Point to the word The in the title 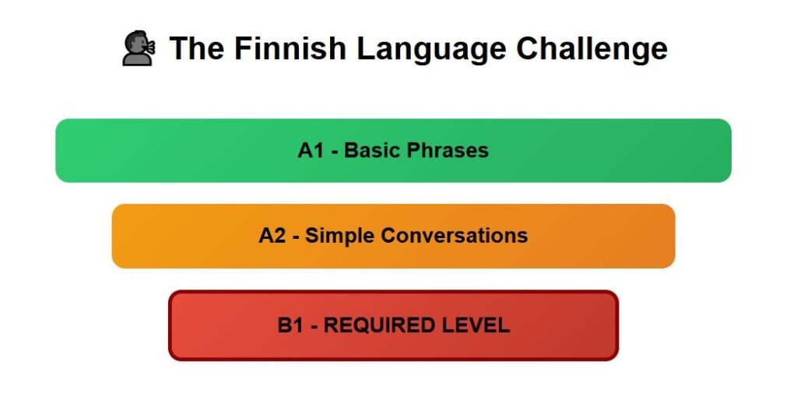coord(197,48)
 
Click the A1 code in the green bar coord(311,150)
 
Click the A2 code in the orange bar coord(272,236)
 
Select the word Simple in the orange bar coord(339,237)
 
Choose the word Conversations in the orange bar coord(454,236)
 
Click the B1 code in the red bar coord(290,325)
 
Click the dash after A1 coord(335,152)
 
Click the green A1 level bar coord(393,150)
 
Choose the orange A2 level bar coord(393,236)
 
